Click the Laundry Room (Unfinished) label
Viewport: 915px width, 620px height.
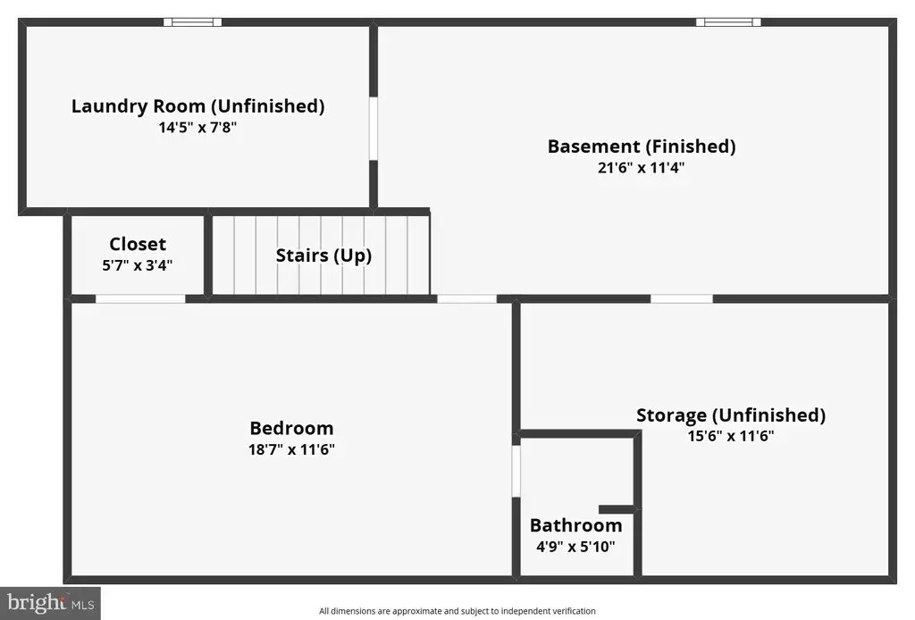pyautogui.click(x=197, y=106)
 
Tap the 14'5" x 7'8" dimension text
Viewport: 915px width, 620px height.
pyautogui.click(x=197, y=127)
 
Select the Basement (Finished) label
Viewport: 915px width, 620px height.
pyautogui.click(x=642, y=147)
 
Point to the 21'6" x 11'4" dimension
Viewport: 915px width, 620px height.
pyautogui.click(x=642, y=167)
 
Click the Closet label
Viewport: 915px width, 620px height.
pyautogui.click(x=138, y=244)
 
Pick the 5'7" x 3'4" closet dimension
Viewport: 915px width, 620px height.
pyautogui.click(x=138, y=265)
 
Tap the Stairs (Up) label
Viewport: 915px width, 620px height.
pyautogui.click(x=323, y=256)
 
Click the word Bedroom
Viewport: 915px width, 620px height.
pyautogui.click(x=292, y=428)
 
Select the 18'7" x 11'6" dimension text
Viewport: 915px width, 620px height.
pyautogui.click(x=292, y=449)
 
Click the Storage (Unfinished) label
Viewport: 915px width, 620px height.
pyautogui.click(x=731, y=415)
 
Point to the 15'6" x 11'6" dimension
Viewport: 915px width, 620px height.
pyautogui.click(x=731, y=436)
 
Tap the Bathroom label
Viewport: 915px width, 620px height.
pyautogui.click(x=576, y=525)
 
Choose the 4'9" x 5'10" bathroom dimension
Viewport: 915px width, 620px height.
pyautogui.click(x=576, y=547)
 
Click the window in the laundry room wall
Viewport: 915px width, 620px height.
pyautogui.click(x=193, y=22)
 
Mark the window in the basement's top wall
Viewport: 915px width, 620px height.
pyautogui.click(x=728, y=22)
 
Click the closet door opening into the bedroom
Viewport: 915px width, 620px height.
pyautogui.click(x=140, y=298)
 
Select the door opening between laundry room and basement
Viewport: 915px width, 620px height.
pyautogui.click(x=374, y=129)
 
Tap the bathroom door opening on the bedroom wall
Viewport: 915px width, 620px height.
pyautogui.click(x=516, y=472)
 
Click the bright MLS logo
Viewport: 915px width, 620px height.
pyautogui.click(x=50, y=603)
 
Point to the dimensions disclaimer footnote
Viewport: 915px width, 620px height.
pyautogui.click(x=457, y=611)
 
